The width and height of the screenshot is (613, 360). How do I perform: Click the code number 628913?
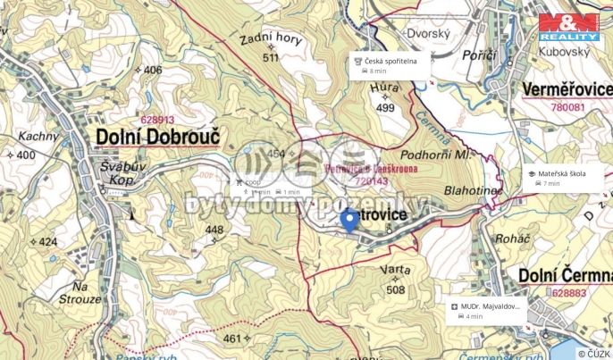(158, 119)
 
